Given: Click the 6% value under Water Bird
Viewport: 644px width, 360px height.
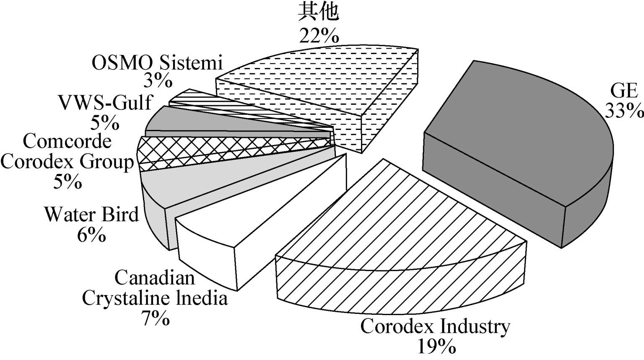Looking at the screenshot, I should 91,235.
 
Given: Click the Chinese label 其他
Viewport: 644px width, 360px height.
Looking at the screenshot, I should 319,13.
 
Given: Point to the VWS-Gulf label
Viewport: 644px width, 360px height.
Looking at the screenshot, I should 104,102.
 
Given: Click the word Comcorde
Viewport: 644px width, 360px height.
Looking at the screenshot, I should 67,141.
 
